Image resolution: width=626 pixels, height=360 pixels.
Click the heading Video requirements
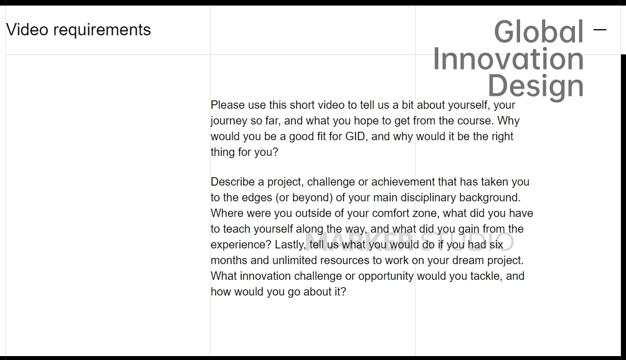click(x=78, y=30)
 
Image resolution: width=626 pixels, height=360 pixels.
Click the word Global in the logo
click(x=539, y=32)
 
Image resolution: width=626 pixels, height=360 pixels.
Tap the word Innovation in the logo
click(x=508, y=59)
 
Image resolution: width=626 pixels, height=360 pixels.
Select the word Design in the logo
click(x=535, y=86)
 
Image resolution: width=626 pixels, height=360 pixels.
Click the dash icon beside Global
click(x=600, y=30)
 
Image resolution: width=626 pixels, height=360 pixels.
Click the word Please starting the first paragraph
click(x=228, y=105)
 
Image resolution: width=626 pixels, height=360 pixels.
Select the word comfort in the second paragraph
click(x=391, y=213)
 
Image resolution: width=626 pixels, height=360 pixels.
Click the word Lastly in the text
click(x=289, y=244)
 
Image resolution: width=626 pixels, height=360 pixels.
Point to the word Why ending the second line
click(x=508, y=121)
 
